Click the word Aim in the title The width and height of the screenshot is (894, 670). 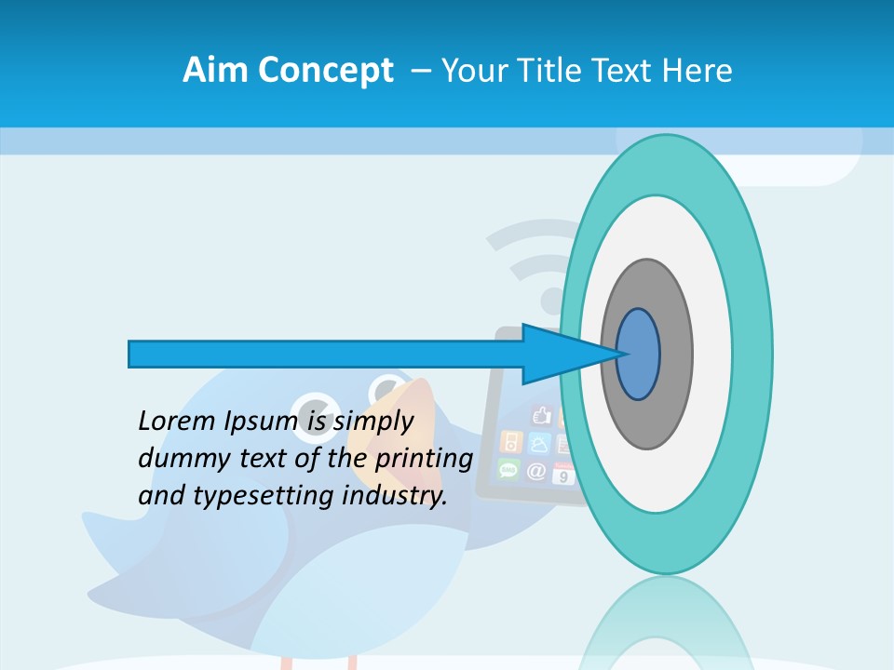pyautogui.click(x=208, y=70)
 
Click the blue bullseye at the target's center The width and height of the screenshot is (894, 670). pyautogui.click(x=638, y=355)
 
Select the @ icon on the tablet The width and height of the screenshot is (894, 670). pyautogui.click(x=536, y=472)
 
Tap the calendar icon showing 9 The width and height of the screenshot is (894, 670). pyautogui.click(x=564, y=474)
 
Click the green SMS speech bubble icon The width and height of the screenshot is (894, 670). pyautogui.click(x=508, y=469)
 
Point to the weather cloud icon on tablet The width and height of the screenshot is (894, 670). pyautogui.click(x=539, y=443)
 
